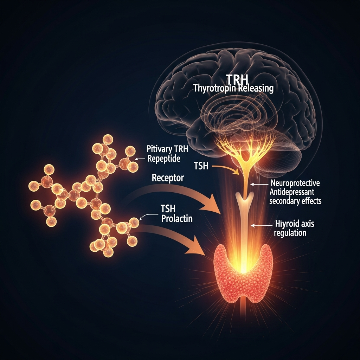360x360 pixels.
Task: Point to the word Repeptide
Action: [x=164, y=159]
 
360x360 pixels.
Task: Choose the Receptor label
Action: [x=167, y=178]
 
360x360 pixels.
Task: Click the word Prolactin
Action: [x=177, y=219]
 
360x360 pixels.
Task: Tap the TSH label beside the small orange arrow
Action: [x=201, y=166]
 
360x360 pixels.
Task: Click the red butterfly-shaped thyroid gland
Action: [x=243, y=271]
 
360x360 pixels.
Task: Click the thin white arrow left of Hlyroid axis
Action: [x=260, y=225]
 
